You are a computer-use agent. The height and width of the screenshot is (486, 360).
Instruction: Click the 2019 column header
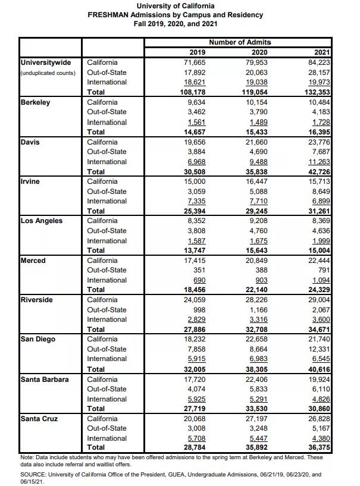pos(196,52)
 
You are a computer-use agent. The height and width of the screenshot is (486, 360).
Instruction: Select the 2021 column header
pos(321,52)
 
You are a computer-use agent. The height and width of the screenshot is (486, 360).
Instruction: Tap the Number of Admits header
pos(240,42)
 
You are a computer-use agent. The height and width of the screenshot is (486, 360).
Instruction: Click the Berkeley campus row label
pos(35,102)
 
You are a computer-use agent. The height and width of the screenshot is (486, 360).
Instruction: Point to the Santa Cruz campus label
pos(39,418)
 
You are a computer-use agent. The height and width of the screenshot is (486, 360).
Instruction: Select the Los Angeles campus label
pos(42,221)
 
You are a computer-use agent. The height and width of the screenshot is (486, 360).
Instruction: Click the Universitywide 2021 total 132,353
pos(316,92)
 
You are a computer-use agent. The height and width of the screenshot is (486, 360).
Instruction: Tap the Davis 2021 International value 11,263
pos(318,162)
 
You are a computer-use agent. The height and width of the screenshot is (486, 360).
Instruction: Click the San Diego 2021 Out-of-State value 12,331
pos(318,349)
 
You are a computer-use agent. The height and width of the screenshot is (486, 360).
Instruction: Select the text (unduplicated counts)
pos(48,73)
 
